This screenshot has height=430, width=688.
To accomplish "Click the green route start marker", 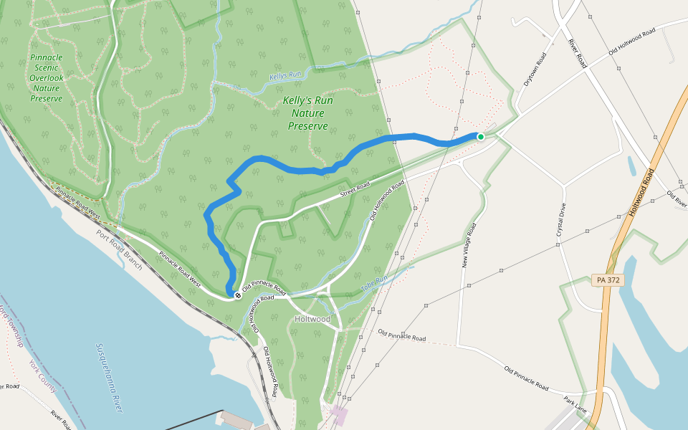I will click(481, 136).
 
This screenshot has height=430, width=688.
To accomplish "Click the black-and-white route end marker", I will click(238, 295).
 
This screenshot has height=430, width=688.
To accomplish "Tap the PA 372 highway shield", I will click(608, 280).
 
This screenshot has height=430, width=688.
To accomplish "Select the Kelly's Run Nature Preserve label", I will click(307, 113).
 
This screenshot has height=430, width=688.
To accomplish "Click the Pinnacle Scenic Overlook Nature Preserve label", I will click(47, 77).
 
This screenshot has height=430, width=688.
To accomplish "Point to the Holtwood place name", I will click(312, 319).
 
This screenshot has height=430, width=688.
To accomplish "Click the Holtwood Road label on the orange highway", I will click(642, 192).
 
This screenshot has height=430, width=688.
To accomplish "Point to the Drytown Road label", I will click(535, 69).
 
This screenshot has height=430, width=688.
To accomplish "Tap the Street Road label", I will click(355, 191).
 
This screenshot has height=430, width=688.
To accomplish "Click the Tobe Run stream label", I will click(373, 283).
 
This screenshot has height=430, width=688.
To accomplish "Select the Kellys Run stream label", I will click(286, 75).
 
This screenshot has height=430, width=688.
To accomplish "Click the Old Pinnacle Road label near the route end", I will click(264, 290).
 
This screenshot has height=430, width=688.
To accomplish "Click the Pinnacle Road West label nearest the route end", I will click(179, 269).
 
